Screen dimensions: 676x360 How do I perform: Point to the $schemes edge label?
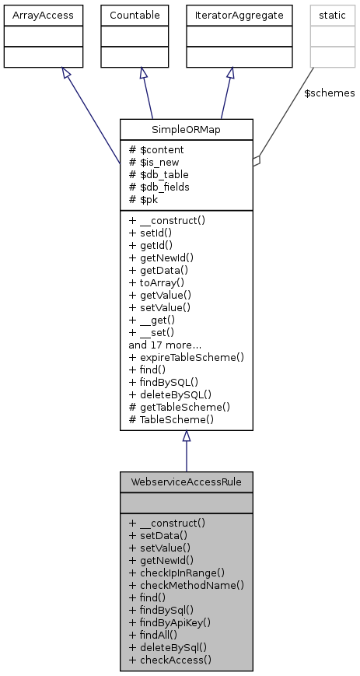click(329, 93)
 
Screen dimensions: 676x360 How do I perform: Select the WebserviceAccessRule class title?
click(186, 482)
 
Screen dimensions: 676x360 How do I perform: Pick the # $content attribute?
click(156, 149)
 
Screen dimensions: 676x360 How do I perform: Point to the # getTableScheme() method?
click(179, 406)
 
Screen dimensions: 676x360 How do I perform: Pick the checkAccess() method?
click(171, 659)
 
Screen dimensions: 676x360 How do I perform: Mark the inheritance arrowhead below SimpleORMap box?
click(186, 436)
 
